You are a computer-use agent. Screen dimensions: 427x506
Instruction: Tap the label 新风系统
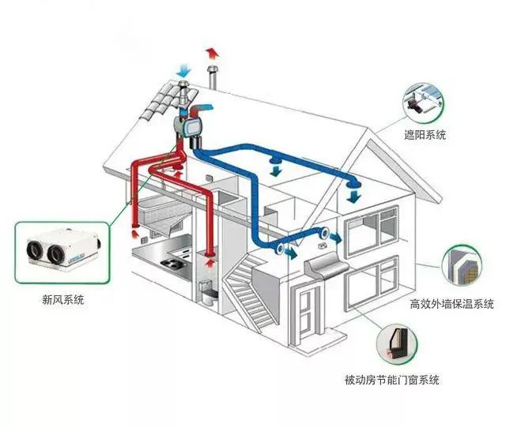pyautogui.click(x=63, y=299)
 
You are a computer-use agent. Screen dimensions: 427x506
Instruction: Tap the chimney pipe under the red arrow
pyautogui.click(x=211, y=80)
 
